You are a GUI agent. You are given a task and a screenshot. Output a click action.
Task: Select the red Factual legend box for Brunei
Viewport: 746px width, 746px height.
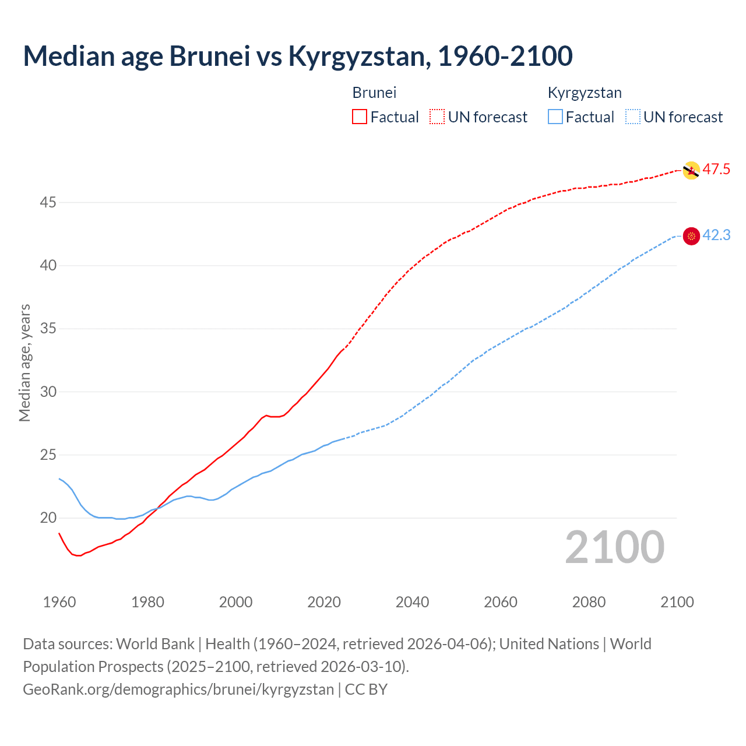tap(360, 117)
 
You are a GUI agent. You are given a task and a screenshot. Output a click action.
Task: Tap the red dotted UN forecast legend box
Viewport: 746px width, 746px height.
tap(437, 117)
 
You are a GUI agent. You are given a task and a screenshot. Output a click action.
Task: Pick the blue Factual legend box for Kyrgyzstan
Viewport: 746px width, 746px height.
tap(555, 117)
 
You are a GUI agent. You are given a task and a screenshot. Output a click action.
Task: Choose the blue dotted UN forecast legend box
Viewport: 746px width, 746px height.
tap(633, 117)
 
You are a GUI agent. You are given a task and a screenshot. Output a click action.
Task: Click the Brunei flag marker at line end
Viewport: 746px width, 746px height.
tap(691, 170)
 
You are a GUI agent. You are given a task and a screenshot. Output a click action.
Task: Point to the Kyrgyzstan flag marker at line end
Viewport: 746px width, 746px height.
tap(691, 235)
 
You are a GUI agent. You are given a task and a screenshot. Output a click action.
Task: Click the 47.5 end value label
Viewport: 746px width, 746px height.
tap(716, 170)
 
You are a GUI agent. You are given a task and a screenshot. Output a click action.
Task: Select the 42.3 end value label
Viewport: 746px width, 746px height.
tap(716, 235)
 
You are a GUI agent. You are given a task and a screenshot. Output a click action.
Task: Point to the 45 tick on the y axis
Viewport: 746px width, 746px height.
tap(48, 202)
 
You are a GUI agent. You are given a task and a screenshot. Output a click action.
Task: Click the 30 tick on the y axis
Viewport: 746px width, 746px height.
tap(48, 392)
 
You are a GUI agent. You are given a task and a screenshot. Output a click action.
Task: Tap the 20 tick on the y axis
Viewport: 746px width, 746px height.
tap(48, 518)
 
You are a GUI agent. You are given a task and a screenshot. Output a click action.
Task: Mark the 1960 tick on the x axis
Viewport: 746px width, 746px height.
tap(59, 602)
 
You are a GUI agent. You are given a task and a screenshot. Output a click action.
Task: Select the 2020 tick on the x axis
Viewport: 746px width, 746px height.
tap(324, 602)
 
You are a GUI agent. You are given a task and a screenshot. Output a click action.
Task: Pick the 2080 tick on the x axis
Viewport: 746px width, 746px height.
tap(589, 602)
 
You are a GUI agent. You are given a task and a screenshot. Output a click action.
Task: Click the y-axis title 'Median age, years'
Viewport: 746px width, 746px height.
tap(24, 363)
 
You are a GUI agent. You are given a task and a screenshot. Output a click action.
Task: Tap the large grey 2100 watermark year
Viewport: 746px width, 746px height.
tap(615, 547)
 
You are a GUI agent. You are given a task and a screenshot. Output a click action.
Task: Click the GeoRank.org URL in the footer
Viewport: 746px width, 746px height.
tap(178, 689)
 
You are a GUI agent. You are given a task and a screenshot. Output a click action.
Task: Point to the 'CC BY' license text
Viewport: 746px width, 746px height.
tap(366, 689)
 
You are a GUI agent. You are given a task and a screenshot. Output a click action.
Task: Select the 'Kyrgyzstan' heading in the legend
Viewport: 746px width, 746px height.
tap(585, 93)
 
